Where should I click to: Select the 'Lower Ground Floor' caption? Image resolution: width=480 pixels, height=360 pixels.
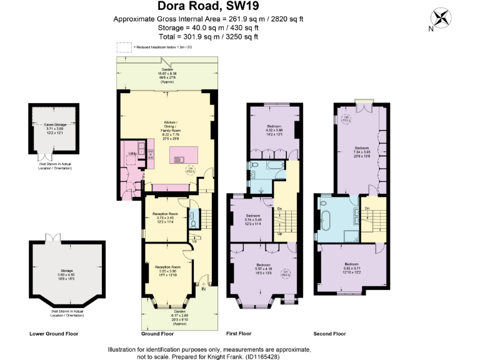[x=54, y=334]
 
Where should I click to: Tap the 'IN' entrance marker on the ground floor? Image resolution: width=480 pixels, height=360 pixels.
[x=203, y=289]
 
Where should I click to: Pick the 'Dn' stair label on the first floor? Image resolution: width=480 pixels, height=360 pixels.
[x=279, y=208]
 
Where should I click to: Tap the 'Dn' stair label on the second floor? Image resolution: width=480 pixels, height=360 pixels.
[x=367, y=207]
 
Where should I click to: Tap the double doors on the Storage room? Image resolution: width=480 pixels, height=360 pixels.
[x=52, y=238]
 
